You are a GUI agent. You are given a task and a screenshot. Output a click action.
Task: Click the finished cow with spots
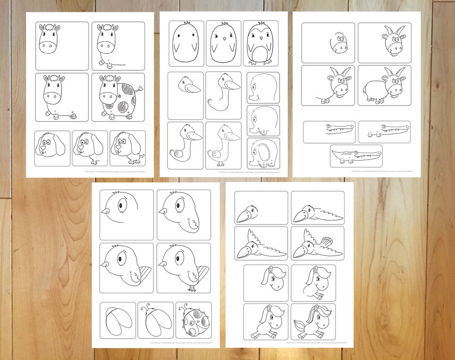(x=118, y=97)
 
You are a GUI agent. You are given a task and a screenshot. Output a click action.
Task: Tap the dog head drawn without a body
(x=52, y=147)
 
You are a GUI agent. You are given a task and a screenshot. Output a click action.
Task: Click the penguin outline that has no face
(x=186, y=43)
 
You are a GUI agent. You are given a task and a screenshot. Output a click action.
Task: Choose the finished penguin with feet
(x=260, y=43)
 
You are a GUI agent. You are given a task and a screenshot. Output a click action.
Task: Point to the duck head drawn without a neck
(x=186, y=86)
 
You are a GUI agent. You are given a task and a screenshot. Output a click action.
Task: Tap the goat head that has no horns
(x=339, y=43)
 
